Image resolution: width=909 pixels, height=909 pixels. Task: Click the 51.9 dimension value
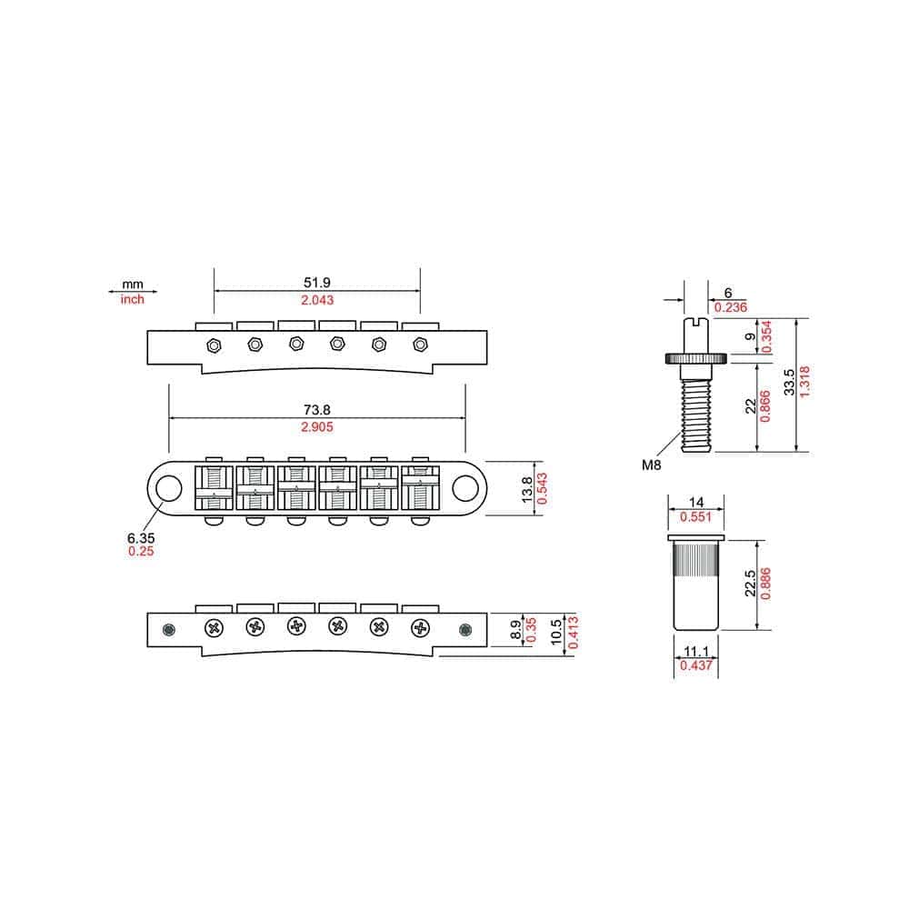point(317,283)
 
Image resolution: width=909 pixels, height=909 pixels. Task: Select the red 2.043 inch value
point(317,300)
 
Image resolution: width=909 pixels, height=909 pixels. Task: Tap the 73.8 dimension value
point(317,410)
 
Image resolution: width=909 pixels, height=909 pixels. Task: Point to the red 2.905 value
point(317,427)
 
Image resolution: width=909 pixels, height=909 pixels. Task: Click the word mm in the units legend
point(133,284)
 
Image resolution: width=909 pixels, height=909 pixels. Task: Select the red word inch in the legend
point(133,299)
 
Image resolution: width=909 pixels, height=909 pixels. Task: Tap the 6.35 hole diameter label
point(140,537)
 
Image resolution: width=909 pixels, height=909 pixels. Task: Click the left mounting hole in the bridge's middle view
point(168,488)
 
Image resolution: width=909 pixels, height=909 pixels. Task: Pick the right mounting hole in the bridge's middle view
point(465,488)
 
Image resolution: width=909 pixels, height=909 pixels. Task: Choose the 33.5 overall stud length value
point(790,383)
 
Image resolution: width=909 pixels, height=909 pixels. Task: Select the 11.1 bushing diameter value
point(694,653)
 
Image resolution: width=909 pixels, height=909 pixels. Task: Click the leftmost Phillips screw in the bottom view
point(215,627)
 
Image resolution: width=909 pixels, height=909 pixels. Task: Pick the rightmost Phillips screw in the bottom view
point(419,627)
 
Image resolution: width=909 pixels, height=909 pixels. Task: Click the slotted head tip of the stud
point(695,322)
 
